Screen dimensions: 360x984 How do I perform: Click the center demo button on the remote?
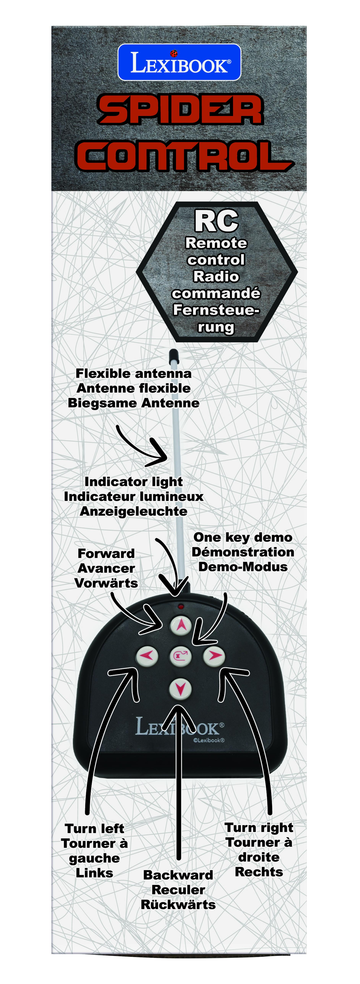coord(180,656)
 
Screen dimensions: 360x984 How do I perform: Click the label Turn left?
coord(94,829)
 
